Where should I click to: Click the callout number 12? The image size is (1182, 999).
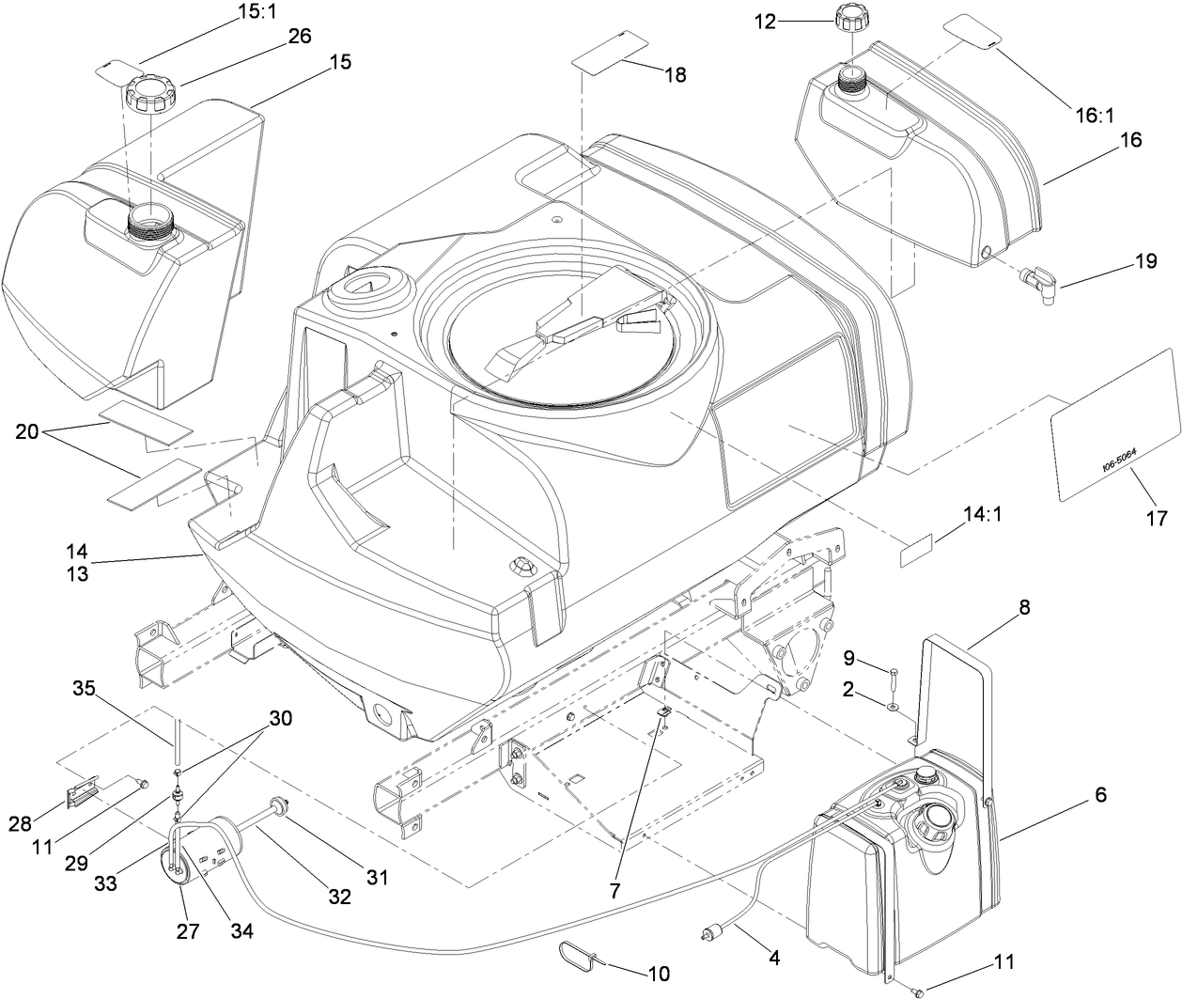766,21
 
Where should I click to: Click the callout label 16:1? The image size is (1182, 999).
1095,116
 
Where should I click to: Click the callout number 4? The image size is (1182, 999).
774,960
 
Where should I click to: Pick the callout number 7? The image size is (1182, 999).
614,889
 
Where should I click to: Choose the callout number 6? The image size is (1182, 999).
1099,795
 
